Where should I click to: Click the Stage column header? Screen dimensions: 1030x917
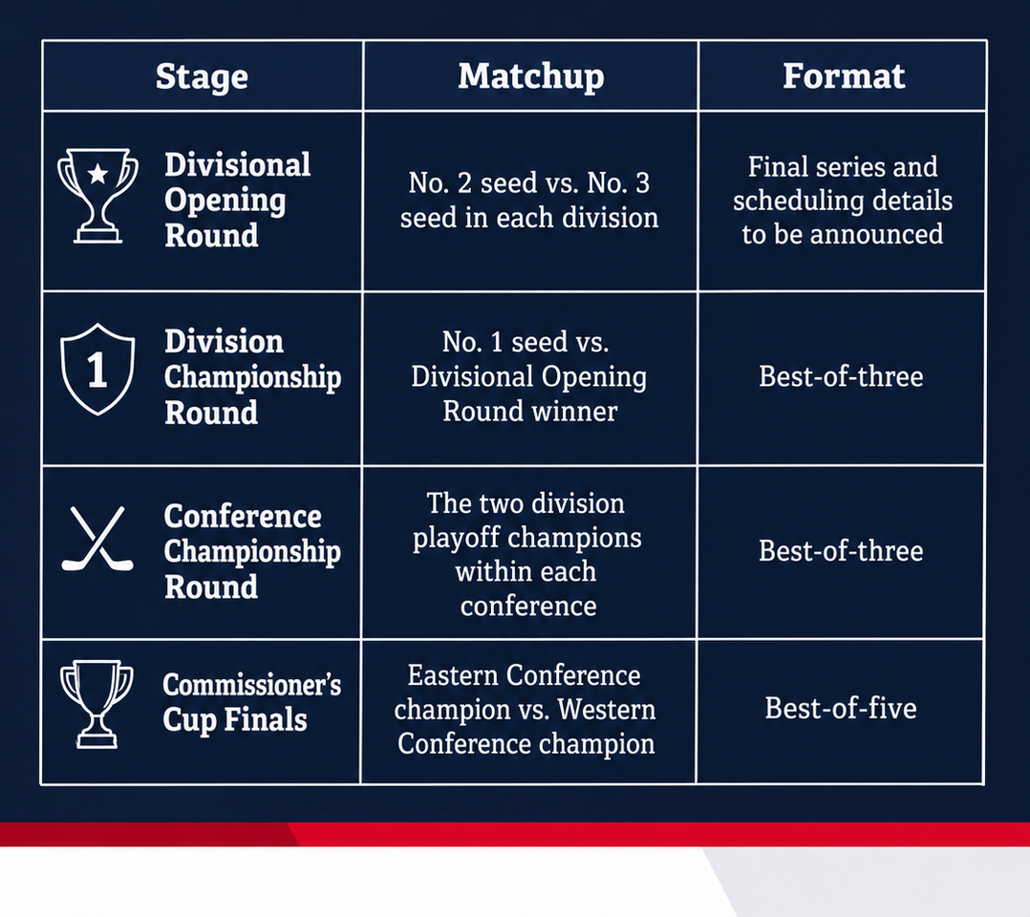pos(202,76)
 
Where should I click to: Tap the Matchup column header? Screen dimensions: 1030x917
pos(531,76)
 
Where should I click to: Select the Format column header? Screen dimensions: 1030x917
pos(844,75)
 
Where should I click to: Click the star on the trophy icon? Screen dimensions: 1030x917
pos(97,174)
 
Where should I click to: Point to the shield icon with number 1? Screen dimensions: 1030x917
pos(97,369)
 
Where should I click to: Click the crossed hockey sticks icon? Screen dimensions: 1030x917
pos(97,538)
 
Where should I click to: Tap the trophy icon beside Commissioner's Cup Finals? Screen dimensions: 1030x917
pos(97,704)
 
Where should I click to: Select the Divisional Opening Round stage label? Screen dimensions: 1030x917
pos(237,201)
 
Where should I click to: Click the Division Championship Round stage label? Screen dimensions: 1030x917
pos(252,377)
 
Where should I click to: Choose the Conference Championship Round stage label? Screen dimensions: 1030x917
pos(252,551)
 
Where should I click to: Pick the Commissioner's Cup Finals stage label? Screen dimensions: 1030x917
pos(251,702)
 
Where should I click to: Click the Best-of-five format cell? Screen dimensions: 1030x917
pos(840,708)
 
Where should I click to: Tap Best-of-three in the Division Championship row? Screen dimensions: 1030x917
pos(841,376)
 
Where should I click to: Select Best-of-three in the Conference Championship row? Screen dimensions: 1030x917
pos(841,550)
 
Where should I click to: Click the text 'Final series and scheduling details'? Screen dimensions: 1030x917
pos(843,183)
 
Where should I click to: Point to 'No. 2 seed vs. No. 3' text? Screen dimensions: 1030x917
pos(528,182)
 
